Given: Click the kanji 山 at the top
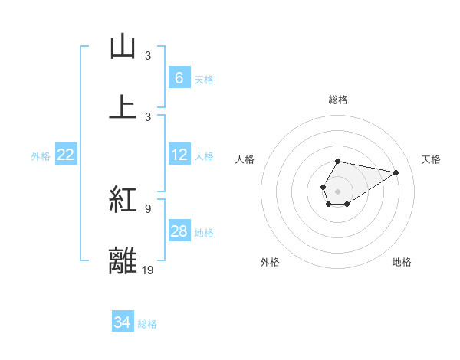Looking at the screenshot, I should click(123, 47).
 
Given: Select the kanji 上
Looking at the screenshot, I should click(123, 106).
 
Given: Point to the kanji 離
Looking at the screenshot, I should click(123, 260).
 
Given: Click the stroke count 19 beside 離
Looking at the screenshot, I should click(148, 270).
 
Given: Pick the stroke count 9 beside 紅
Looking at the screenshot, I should click(148, 208).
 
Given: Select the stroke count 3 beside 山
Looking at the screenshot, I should click(148, 55).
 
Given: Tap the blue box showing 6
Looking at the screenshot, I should click(179, 77).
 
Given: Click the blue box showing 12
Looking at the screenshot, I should click(179, 155).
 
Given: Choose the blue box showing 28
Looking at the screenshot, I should click(179, 231).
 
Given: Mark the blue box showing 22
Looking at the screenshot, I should click(66, 155).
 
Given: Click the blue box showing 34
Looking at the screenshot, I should click(122, 322).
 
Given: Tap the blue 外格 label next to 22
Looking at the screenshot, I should click(41, 156).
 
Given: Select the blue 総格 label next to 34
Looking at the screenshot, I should click(147, 324).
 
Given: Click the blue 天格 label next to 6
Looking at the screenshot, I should click(204, 79).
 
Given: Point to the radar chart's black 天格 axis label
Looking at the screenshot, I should click(432, 159).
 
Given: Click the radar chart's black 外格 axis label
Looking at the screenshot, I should click(270, 262).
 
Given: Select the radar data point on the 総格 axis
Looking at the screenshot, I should click(337, 161).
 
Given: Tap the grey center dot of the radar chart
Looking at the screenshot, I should click(337, 190).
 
